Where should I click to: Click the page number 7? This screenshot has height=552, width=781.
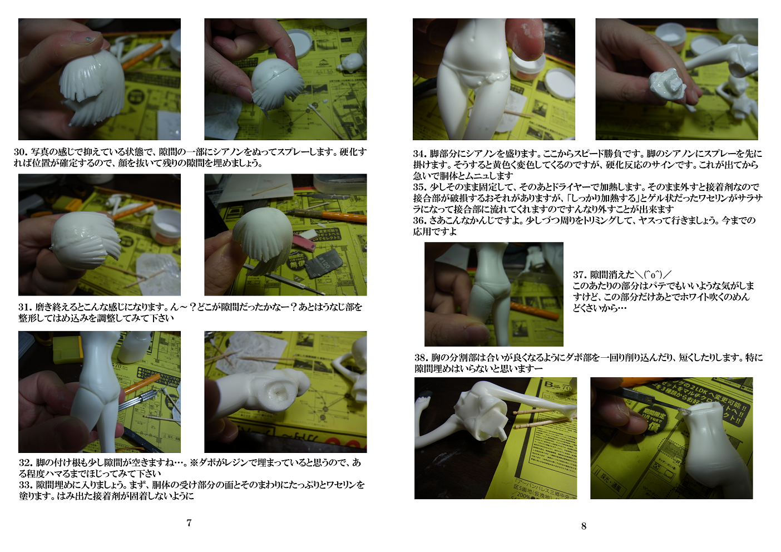click(x=189, y=523)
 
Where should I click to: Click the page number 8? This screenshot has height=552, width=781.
click(x=584, y=526)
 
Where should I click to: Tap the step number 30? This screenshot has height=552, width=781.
click(x=21, y=152)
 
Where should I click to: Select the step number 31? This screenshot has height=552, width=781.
click(x=25, y=307)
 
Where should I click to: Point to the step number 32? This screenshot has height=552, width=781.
click(x=26, y=463)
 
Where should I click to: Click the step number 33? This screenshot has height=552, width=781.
click(x=26, y=485)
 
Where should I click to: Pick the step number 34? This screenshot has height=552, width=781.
click(x=420, y=154)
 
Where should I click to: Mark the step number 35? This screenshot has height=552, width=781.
click(x=420, y=187)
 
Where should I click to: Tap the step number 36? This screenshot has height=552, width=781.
click(x=420, y=220)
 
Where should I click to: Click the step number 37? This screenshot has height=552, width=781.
click(x=580, y=275)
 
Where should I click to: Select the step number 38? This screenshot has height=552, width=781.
click(x=422, y=358)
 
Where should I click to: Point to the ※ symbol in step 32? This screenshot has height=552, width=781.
click(x=194, y=463)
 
